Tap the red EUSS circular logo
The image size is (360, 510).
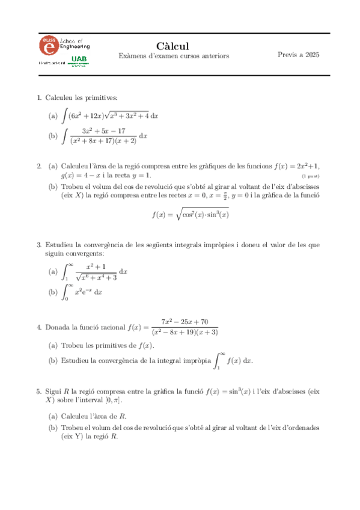[49, 45]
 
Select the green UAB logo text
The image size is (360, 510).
[78, 58]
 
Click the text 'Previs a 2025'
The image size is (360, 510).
[298, 55]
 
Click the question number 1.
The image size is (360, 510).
[38, 97]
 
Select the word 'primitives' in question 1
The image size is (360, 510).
[101, 97]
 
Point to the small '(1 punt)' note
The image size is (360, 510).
[310, 176]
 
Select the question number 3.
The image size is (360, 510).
[38, 245]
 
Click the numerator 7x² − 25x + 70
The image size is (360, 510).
[185, 322]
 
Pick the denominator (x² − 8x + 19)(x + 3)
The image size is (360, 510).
[185, 332]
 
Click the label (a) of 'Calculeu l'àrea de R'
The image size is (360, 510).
[53, 416]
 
